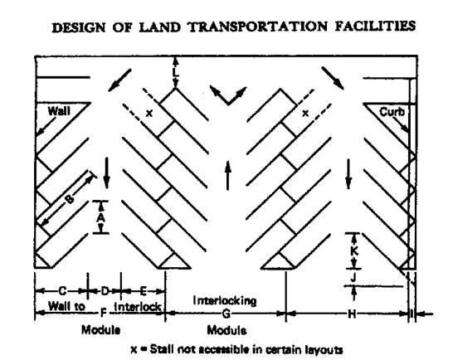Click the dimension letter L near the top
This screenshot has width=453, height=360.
[175, 71]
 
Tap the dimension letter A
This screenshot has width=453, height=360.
[100, 217]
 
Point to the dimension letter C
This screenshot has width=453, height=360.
[62, 290]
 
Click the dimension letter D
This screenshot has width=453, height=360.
[105, 290]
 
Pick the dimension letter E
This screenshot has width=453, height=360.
[143, 291]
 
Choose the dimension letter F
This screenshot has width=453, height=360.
[103, 313]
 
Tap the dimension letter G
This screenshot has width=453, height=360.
[226, 314]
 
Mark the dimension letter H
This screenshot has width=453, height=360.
[352, 314]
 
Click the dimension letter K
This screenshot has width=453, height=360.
[354, 251]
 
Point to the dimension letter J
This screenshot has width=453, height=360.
[353, 277]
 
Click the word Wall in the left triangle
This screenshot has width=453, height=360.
[59, 111]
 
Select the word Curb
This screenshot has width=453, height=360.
[392, 112]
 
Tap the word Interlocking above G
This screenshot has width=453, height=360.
[225, 301]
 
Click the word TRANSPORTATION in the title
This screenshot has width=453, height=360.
[258, 27]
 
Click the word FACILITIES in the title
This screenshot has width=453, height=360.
[375, 26]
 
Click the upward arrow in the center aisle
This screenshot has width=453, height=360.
[228, 175]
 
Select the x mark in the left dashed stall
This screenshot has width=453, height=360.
[149, 114]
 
